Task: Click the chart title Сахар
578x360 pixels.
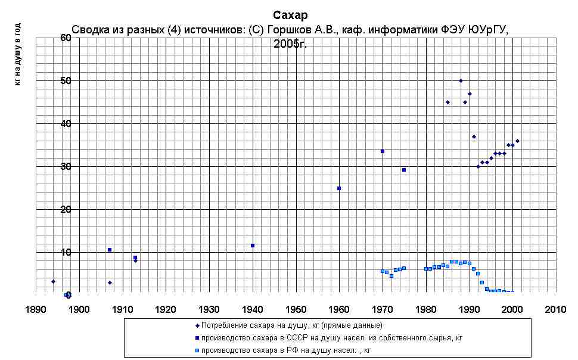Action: pyautogui.click(x=290, y=15)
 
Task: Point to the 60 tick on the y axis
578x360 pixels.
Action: pyautogui.click(x=66, y=38)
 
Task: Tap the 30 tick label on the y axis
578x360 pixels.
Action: pyautogui.click(x=66, y=166)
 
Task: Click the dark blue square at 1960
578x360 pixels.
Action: pyautogui.click(x=339, y=188)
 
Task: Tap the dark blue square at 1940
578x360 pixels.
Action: pyautogui.click(x=253, y=246)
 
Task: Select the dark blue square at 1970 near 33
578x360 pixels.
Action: pyautogui.click(x=383, y=151)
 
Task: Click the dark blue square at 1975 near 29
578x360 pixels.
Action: pyautogui.click(x=404, y=170)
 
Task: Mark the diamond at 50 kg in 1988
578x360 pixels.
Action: pyautogui.click(x=461, y=80)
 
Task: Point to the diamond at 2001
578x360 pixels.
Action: pyautogui.click(x=517, y=141)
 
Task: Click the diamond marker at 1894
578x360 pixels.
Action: pyautogui.click(x=53, y=281)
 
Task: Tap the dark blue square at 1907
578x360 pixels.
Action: pyautogui.click(x=110, y=250)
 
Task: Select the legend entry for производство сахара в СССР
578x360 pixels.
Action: pyautogui.click(x=331, y=338)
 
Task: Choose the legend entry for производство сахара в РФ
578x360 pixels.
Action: pyautogui.click(x=285, y=350)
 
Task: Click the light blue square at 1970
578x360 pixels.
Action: pyautogui.click(x=383, y=271)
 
